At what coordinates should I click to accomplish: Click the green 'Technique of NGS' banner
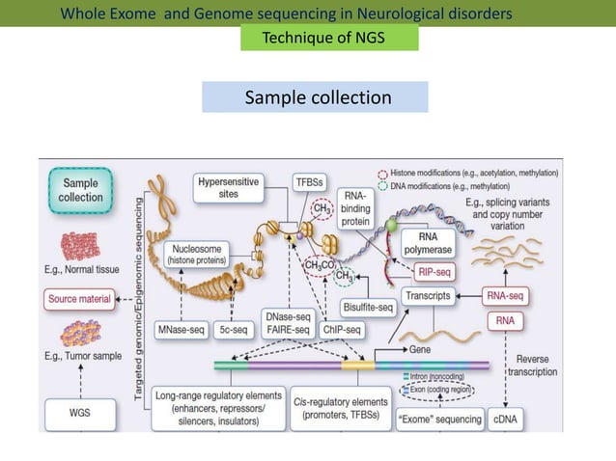(329, 38)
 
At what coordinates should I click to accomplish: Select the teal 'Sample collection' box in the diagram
(80, 190)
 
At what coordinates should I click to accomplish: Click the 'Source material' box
(80, 298)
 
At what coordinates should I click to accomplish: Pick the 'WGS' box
(80, 416)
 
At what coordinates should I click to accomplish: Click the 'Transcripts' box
(428, 297)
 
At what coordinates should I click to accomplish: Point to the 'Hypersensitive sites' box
(229, 187)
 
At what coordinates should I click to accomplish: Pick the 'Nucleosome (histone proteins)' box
(197, 254)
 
